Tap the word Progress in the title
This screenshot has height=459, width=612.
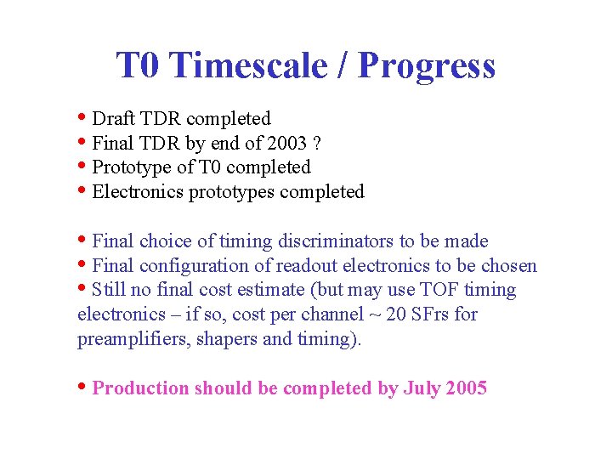427,65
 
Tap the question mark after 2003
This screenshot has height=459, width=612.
317,143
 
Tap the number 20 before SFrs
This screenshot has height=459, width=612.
396,314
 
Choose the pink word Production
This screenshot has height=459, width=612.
140,388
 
